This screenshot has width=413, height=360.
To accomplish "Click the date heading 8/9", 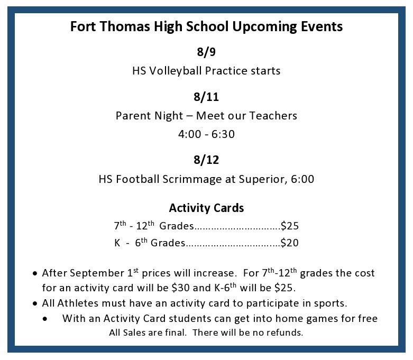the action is pos(206,52).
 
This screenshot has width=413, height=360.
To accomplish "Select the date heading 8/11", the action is pos(206,97).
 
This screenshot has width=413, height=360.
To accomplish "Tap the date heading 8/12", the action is pos(206,160).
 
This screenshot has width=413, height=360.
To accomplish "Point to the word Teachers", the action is pos(273,116).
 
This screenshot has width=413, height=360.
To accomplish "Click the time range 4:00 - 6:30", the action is pos(206,134).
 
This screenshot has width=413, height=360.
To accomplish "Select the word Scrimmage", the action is pos(192,179).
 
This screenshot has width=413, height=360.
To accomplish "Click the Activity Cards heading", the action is pos(206,208).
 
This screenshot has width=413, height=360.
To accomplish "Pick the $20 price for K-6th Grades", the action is pos(289,243).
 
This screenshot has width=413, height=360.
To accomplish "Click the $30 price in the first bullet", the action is pos(180,288).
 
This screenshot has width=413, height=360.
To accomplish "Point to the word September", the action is pos(97,273).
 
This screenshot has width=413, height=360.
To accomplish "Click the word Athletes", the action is pos(78,303).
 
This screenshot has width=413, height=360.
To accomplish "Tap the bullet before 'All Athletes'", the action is pos(35,303).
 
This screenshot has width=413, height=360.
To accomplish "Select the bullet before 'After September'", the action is pos(35,274).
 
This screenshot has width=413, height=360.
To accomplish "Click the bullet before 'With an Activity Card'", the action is pos(45,319).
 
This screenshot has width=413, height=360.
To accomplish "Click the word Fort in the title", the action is pos(83,26).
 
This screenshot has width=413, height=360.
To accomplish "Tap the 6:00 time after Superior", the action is pos(302,179).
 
